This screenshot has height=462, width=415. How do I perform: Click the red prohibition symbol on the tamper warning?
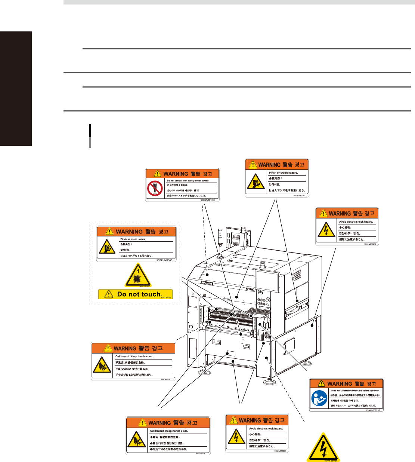click(155, 188)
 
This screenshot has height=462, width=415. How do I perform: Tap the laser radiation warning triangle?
click(138, 276)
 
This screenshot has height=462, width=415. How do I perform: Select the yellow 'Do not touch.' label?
click(135, 294)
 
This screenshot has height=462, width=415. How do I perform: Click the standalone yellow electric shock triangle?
click(323, 448)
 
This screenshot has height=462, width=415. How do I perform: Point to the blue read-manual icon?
click(319, 399)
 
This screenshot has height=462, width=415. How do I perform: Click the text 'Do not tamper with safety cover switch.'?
click(188, 181)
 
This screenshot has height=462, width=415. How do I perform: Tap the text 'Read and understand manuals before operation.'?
click(355, 391)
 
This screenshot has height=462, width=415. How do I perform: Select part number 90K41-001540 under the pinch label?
click(164, 260)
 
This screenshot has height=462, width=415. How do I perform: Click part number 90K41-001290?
click(372, 410)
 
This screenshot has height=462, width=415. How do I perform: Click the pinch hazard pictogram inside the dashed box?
click(107, 247)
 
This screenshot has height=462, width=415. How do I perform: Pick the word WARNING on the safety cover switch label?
click(176, 174)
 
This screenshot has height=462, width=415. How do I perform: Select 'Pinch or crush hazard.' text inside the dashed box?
click(133, 239)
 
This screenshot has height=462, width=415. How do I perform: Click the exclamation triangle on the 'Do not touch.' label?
click(109, 295)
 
